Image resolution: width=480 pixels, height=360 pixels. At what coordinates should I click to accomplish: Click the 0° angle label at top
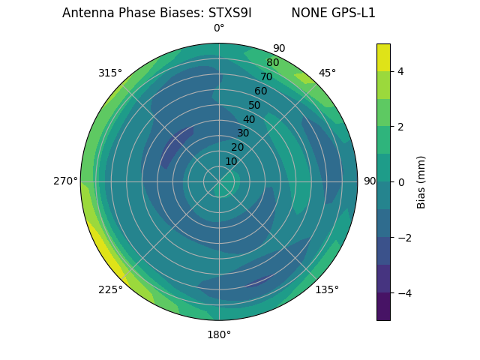point(219,28)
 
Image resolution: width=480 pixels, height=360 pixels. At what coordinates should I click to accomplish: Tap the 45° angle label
point(327,73)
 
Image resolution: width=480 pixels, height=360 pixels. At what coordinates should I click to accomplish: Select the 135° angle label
point(327,289)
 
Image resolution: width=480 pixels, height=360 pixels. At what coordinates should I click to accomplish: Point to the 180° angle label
point(219,334)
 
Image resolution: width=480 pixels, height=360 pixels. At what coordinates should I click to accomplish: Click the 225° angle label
point(110,289)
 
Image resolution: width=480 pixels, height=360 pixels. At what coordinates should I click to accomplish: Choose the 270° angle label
point(65,181)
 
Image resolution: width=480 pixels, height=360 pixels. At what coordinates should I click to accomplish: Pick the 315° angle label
point(110,73)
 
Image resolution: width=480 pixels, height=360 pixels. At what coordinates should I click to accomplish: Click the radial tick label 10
point(231,161)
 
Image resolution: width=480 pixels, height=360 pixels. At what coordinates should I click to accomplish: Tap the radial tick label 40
point(249,119)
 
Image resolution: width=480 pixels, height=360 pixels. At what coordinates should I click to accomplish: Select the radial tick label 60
point(261,91)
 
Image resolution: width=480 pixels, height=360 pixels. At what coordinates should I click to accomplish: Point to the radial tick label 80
point(272,62)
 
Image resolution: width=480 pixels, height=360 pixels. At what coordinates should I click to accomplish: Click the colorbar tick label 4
point(401,71)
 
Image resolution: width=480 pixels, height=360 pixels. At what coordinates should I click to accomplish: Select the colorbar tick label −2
point(405,238)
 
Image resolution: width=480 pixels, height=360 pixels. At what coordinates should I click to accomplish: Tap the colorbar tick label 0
point(401,182)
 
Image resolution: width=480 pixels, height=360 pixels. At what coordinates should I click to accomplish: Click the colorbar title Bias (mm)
point(421,182)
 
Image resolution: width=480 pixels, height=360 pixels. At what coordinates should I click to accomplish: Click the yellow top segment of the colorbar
point(383,57)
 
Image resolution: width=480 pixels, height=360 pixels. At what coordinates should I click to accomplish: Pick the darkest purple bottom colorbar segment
point(383,307)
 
